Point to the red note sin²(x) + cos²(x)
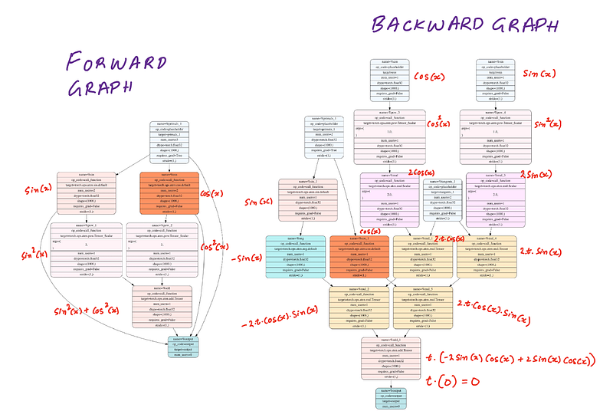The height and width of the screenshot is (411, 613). tap(86, 311)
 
